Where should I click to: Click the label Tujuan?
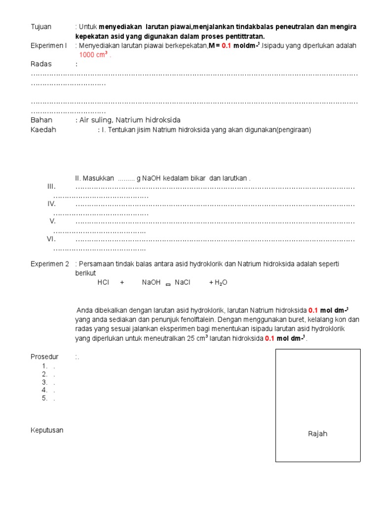(41, 27)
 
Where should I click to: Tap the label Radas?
(41, 64)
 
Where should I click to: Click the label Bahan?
(41, 120)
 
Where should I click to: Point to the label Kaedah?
(43, 130)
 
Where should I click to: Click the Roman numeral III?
(51, 186)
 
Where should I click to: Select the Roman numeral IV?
(51, 204)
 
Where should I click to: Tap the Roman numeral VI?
(51, 239)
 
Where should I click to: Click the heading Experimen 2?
(50, 264)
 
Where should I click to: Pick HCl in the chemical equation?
(103, 283)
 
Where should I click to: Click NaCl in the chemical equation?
(183, 283)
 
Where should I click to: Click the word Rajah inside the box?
(317, 434)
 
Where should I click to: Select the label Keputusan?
(47, 430)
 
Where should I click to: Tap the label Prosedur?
(44, 357)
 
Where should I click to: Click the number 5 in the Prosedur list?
(45, 398)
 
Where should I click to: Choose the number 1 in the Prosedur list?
(45, 366)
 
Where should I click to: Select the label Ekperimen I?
(48, 45)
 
